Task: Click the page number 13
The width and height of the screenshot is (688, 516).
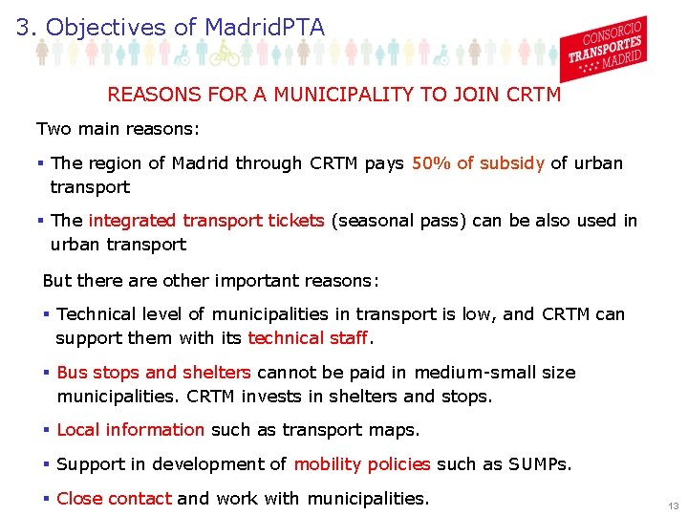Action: (x=674, y=505)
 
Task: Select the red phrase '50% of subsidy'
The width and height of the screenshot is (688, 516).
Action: (x=478, y=163)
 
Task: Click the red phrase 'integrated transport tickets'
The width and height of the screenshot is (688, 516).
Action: (x=205, y=221)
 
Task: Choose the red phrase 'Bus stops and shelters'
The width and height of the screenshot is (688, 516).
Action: (x=154, y=373)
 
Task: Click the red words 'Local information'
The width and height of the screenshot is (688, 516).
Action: (x=131, y=430)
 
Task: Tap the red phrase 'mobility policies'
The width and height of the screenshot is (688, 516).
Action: (x=362, y=464)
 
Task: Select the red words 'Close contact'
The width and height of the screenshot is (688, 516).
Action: (x=115, y=498)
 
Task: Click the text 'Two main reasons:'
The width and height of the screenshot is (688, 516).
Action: (x=104, y=128)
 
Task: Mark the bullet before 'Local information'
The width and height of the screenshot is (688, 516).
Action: (x=46, y=430)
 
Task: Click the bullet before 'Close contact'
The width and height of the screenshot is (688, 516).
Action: (x=46, y=498)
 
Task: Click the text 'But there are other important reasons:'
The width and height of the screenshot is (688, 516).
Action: (x=211, y=281)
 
